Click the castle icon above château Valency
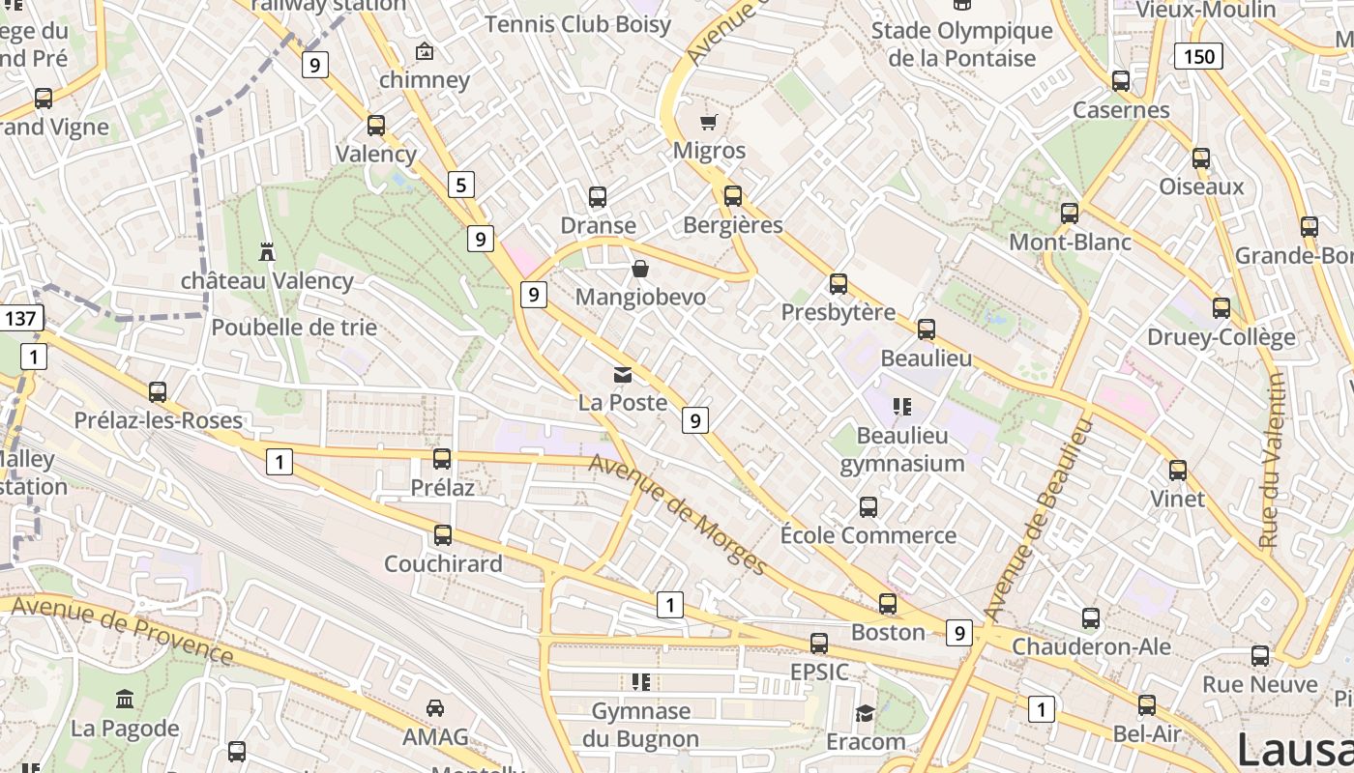coord(267,251)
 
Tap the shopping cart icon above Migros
coord(709,122)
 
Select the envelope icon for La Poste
coord(623,375)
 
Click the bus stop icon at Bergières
coord(733,196)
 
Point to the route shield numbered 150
coord(1198,56)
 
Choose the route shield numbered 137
coord(21,318)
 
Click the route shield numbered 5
coord(461,184)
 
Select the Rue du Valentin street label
coord(1273,460)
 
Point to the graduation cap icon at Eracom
coord(865,713)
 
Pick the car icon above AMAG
coord(435,708)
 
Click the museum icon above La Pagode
coord(125,699)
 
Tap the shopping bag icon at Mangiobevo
coord(640,268)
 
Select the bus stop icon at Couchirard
coord(443,534)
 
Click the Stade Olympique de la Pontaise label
coord(961,44)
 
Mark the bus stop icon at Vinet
coord(1178,471)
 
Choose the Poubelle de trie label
coord(294,328)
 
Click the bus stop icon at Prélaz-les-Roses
coord(158,392)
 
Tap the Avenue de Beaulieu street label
coord(1037,520)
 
